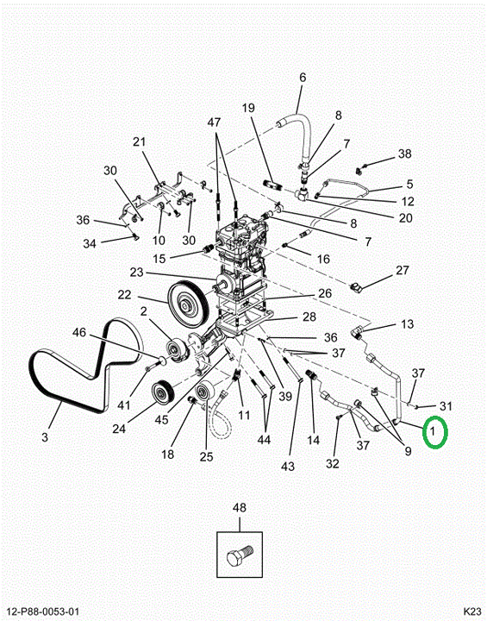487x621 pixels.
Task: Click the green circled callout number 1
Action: pos(435,432)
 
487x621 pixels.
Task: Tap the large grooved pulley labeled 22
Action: pos(188,304)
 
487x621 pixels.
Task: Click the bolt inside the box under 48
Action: pos(240,555)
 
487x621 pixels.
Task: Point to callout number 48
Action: pos(239,508)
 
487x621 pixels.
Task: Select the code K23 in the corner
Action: pos(472,612)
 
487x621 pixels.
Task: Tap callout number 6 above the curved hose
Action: pos(303,78)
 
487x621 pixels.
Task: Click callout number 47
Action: pos(215,122)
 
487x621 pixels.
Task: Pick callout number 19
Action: pos(248,108)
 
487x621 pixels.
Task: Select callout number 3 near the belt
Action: pos(45,436)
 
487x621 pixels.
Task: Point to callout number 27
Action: pos(403,270)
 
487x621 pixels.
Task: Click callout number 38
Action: pos(404,154)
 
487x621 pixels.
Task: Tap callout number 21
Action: pos(139,141)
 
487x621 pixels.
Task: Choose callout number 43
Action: pos(288,466)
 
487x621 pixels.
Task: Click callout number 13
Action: pos(407,324)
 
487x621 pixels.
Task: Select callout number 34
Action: pos(90,243)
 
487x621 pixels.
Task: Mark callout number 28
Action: pos(309,317)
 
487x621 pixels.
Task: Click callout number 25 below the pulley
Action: pos(206,456)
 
